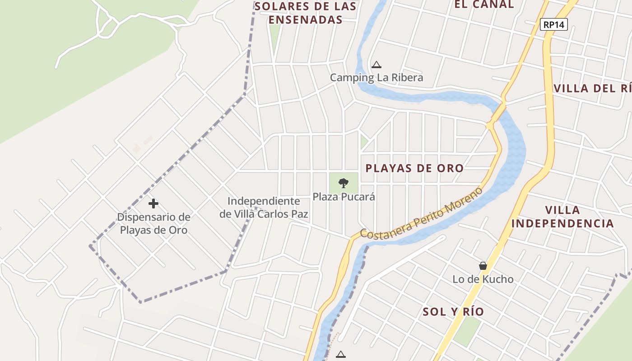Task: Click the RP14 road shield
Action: coord(554,24)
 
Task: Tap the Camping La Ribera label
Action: coord(376,78)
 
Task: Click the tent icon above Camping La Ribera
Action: coord(376,65)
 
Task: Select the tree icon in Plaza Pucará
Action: coord(344,183)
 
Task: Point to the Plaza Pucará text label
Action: coord(344,197)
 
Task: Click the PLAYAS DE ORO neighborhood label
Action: coord(414,168)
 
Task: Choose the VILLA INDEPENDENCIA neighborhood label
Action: coord(562,217)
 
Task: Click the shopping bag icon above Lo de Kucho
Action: coord(483,266)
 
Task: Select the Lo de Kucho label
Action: coord(483,279)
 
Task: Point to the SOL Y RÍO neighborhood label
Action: coord(453,311)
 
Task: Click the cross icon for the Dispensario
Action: coord(153,204)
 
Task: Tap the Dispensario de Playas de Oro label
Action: coord(153,223)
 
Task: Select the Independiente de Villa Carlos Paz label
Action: coord(264,208)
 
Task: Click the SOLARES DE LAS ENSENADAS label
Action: coord(305,13)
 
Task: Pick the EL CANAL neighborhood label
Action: coord(484,5)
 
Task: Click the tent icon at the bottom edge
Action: coord(341,355)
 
